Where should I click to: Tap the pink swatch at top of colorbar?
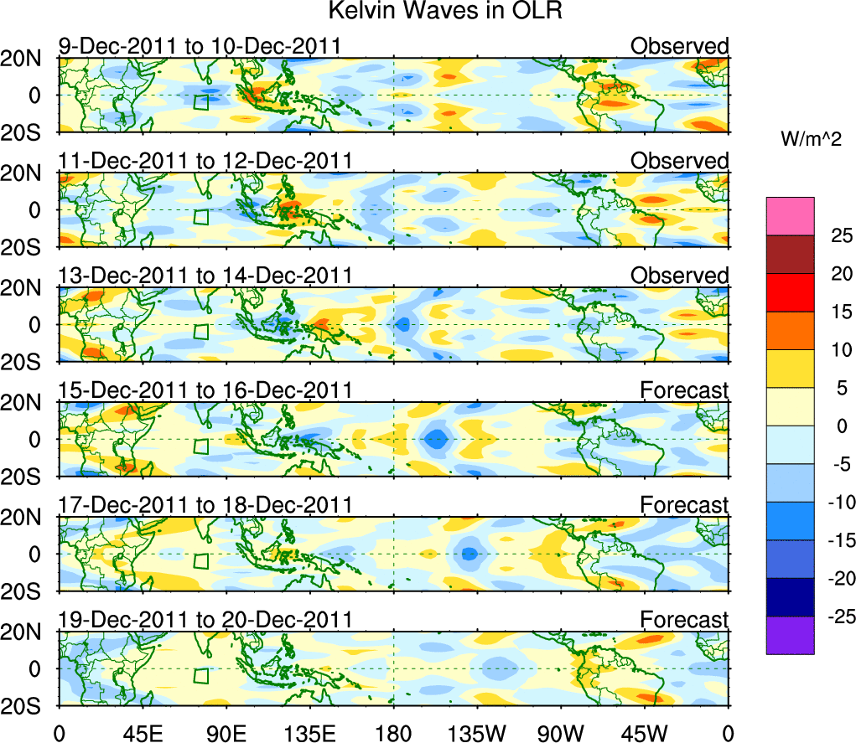point(789,216)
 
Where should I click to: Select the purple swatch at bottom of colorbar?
point(789,635)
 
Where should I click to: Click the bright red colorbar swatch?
point(789,292)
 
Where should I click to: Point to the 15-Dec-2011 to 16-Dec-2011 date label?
point(205,390)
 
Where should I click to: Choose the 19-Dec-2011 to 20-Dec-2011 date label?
point(205,620)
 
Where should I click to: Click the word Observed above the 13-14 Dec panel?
point(679,276)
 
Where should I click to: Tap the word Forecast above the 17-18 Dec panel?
point(685,505)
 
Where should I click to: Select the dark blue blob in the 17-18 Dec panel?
point(470,553)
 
